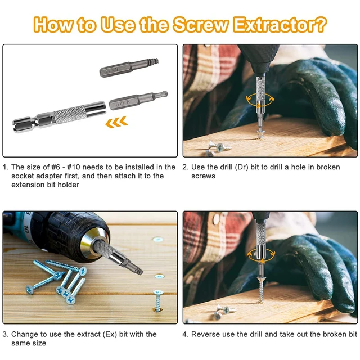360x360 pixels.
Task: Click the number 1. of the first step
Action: pos(6,167)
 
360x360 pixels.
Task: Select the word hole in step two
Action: pos(303,167)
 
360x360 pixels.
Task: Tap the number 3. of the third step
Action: pos(6,334)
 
